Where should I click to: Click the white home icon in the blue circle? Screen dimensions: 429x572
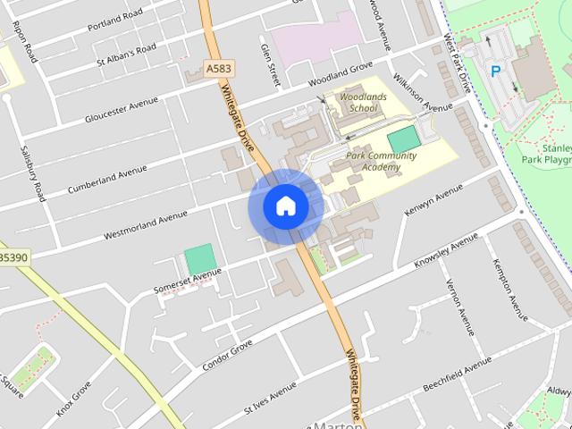pyautogui.click(x=285, y=206)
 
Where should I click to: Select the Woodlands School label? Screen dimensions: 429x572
pyautogui.click(x=352, y=102)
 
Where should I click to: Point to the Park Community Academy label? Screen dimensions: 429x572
pyautogui.click(x=381, y=160)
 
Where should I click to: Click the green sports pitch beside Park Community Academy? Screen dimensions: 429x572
pyautogui.click(x=404, y=139)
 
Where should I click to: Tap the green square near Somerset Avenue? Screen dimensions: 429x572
pyautogui.click(x=199, y=259)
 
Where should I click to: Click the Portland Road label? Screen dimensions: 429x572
pyautogui.click(x=115, y=21)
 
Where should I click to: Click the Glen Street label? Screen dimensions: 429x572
pyautogui.click(x=269, y=62)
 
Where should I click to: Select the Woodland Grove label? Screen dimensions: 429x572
pyautogui.click(x=340, y=69)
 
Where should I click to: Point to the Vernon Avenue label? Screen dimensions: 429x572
pyautogui.click(x=461, y=307)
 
